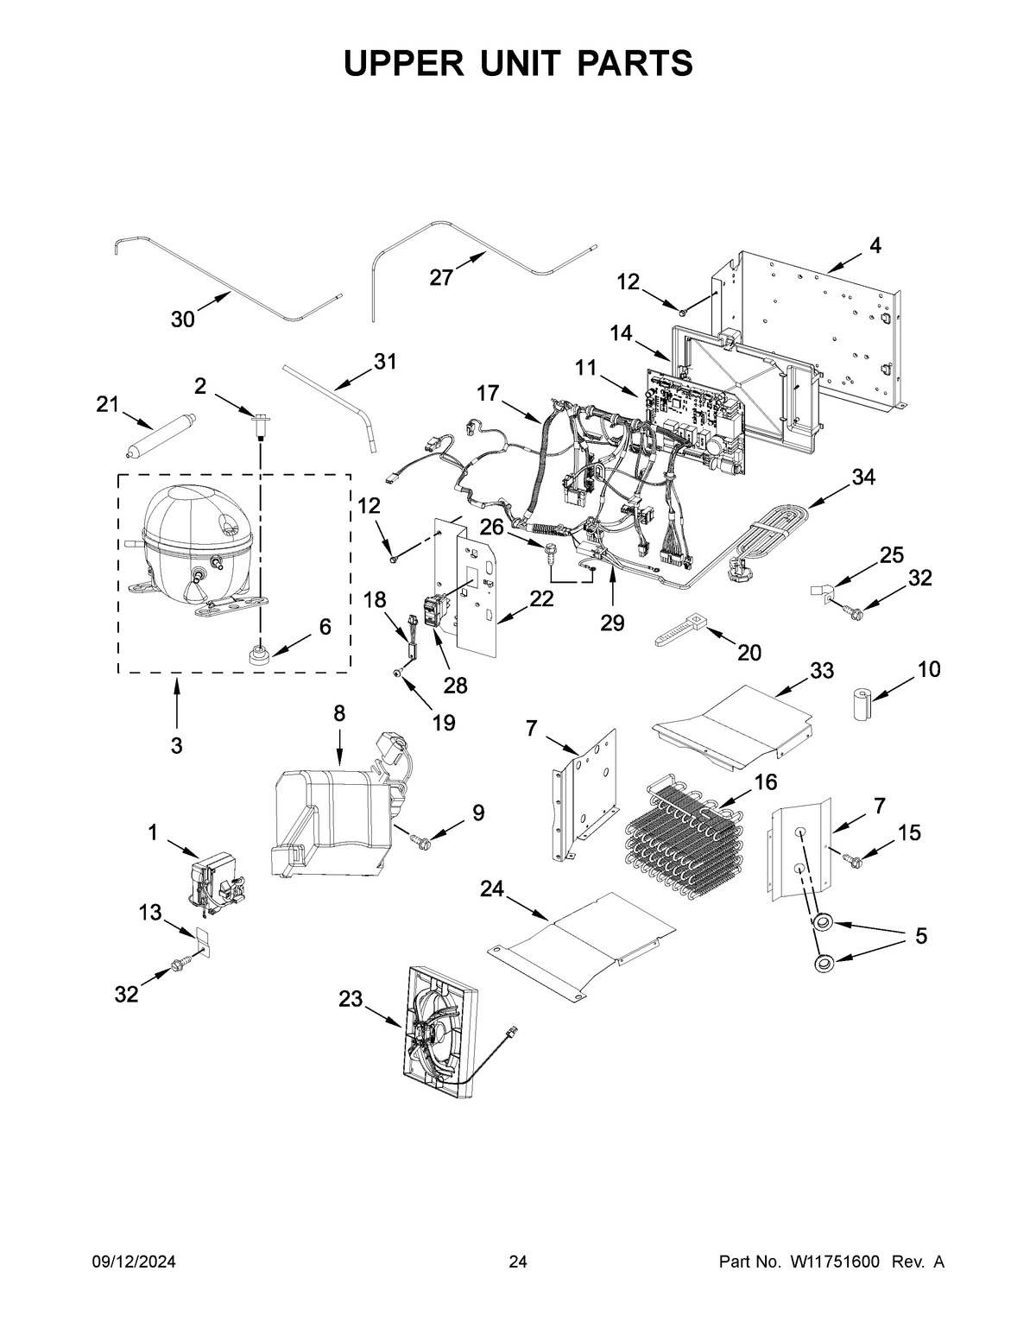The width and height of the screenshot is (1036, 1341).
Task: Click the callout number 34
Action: tap(862, 477)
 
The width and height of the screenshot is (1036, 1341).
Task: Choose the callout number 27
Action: tap(441, 277)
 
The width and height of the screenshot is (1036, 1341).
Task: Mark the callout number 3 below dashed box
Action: tap(176, 745)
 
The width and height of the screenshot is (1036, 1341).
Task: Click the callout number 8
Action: tap(338, 713)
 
